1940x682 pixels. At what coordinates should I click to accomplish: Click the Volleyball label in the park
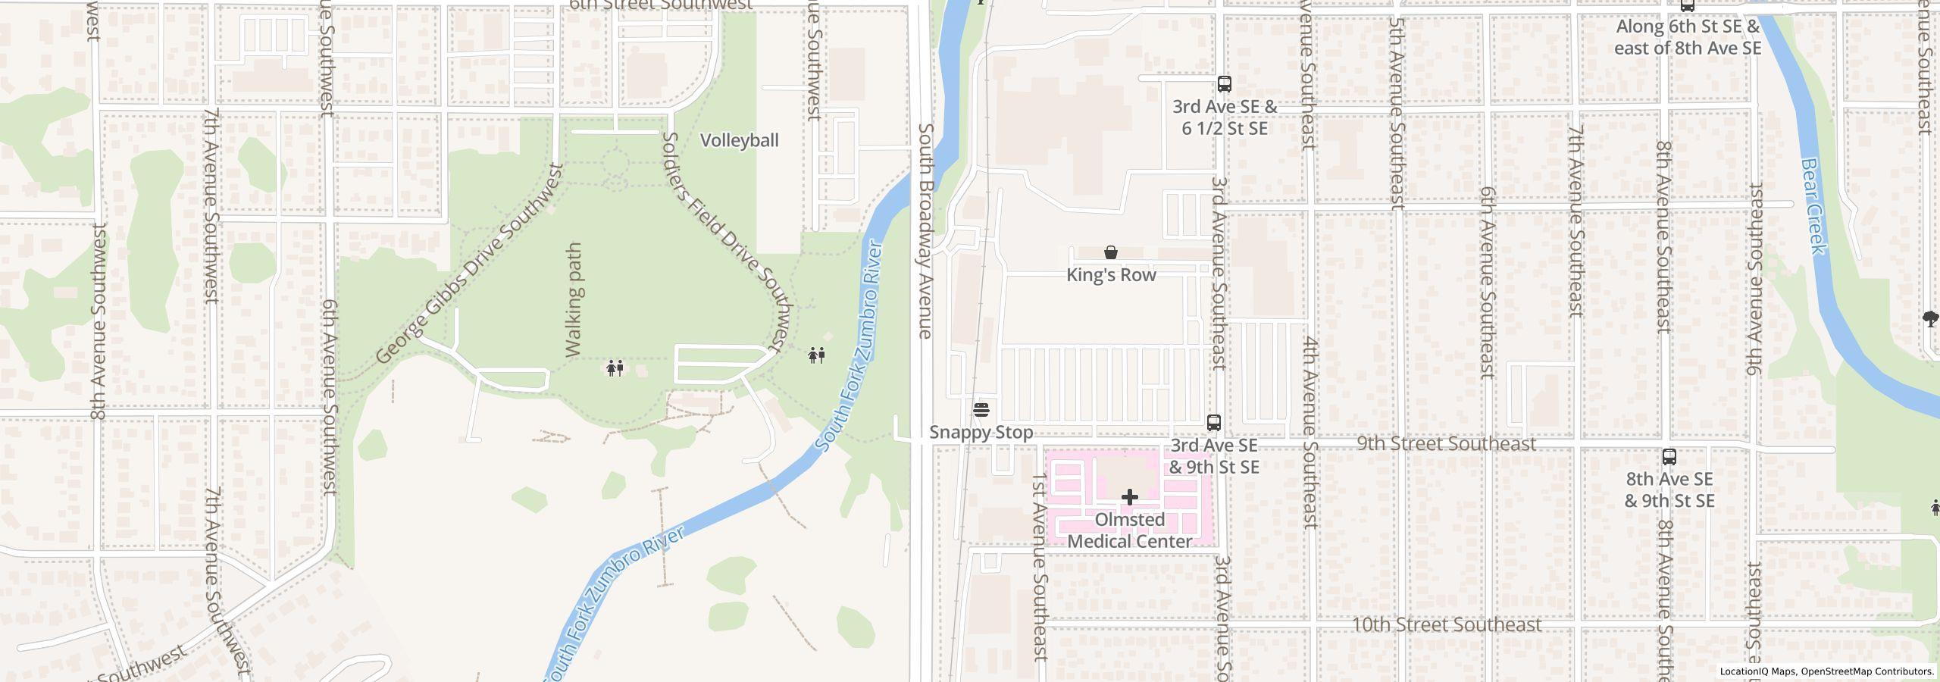coord(739,140)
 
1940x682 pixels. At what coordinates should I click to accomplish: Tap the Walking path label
coord(574,300)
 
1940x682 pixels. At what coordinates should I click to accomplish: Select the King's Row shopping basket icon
coord(1110,252)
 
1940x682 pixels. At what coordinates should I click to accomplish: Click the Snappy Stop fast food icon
coord(981,410)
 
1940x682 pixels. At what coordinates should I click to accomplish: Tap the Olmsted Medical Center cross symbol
coord(1129,497)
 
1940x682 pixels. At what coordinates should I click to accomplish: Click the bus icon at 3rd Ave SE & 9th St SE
coord(1213,423)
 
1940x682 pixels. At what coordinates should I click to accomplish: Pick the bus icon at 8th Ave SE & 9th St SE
coord(1669,457)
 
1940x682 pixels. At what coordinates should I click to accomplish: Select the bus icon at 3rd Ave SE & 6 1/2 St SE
coord(1224,84)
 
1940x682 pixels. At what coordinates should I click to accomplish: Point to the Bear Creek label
coord(1813,206)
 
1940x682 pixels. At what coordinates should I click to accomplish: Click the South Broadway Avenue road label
coord(925,231)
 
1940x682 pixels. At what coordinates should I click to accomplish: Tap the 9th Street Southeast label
coord(1446,443)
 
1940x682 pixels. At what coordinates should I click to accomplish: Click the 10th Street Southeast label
coord(1446,625)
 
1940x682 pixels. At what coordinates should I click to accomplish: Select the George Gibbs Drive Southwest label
coord(470,263)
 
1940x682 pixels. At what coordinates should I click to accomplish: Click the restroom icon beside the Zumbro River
coord(816,355)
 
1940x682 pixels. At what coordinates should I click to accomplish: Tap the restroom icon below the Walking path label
coord(615,368)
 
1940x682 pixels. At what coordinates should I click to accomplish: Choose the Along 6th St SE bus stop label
coord(1687,37)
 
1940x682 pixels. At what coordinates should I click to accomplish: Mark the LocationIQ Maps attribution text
coord(1826,671)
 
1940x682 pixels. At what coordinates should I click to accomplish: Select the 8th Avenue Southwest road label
coord(99,321)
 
